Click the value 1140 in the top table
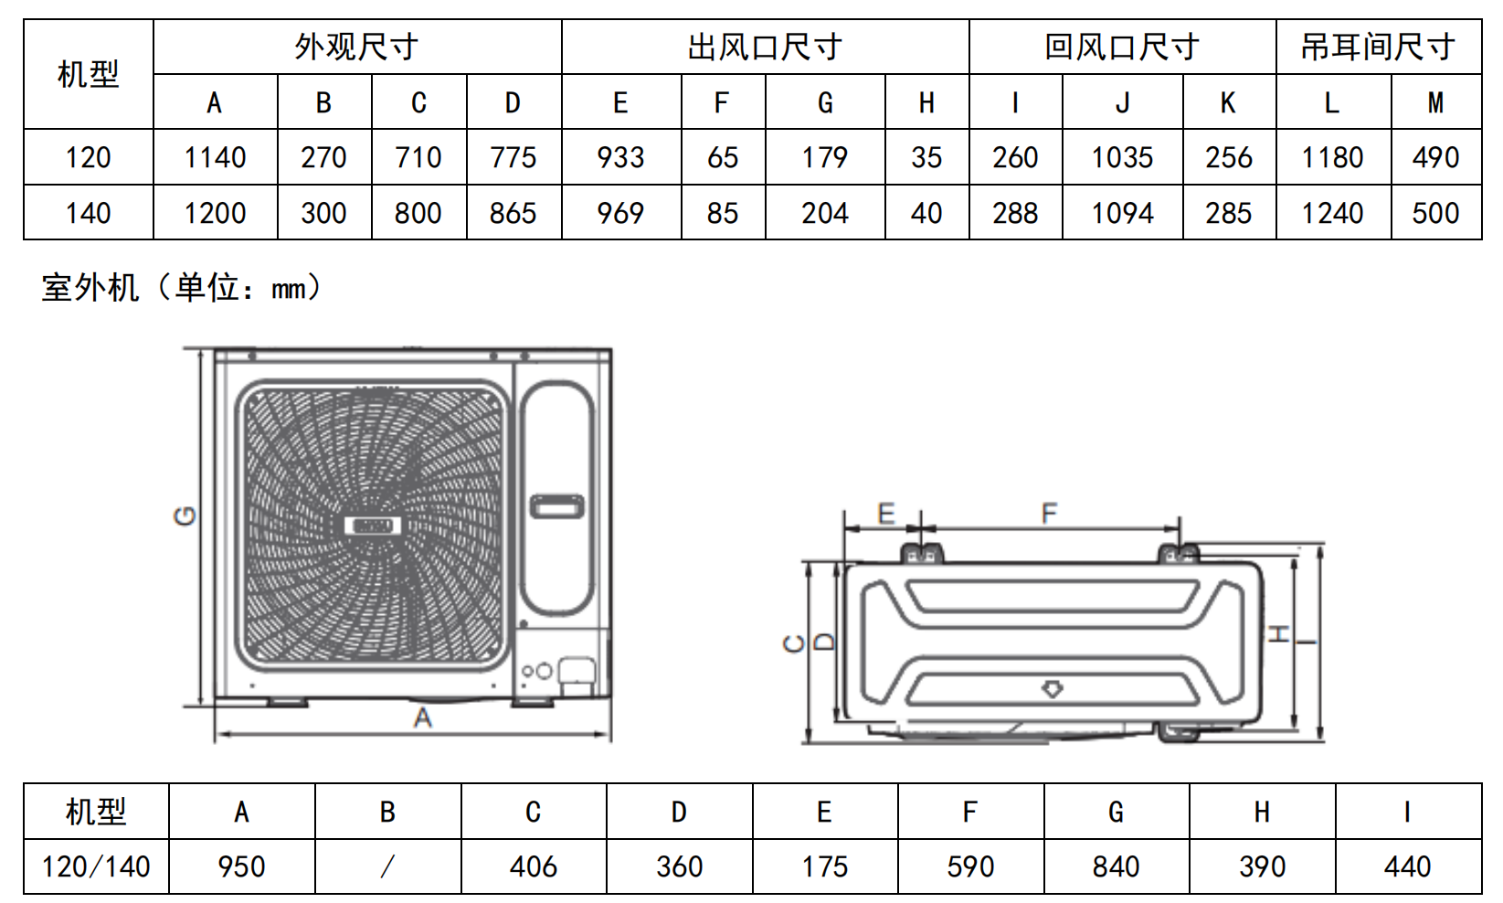[x=215, y=158]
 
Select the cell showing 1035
[x=1122, y=158]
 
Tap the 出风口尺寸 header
[x=765, y=47]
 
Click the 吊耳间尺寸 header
[x=1378, y=47]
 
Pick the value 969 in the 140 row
[x=620, y=214]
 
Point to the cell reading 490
[x=1436, y=158]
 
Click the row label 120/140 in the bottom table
[x=96, y=866]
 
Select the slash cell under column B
[x=387, y=866]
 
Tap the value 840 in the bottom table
[x=1116, y=866]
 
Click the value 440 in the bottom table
[x=1408, y=866]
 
